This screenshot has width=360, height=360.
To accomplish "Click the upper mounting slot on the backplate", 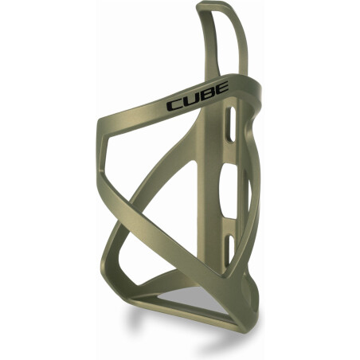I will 230,127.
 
